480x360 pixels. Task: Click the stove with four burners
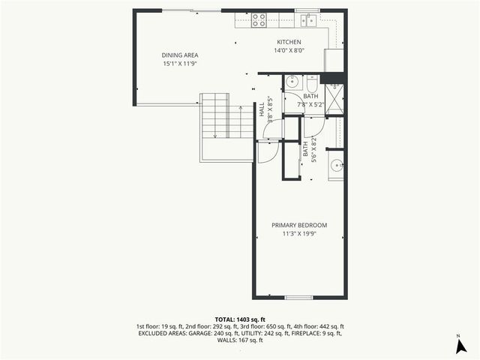(260, 20)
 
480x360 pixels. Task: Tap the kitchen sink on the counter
(307, 20)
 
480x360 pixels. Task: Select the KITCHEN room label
(289, 42)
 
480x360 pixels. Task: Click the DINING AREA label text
(178, 55)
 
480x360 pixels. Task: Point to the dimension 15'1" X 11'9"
(178, 64)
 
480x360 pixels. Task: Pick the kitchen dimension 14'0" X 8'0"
(289, 51)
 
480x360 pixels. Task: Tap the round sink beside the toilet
(292, 81)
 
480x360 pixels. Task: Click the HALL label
(262, 109)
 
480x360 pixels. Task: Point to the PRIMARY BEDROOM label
(299, 226)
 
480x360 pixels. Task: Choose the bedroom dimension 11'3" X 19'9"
(299, 235)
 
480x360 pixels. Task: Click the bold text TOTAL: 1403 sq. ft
(240, 319)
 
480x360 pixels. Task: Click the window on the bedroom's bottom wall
(298, 298)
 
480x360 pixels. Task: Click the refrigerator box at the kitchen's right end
(334, 59)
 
